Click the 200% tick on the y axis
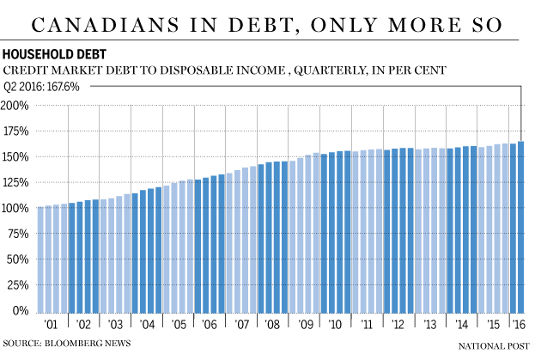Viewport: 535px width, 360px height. click(15, 106)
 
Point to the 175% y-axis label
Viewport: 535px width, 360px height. click(15, 131)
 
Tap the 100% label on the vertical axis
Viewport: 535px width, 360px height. click(15, 208)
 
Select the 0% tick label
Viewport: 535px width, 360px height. click(21, 310)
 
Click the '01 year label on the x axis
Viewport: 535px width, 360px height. click(52, 326)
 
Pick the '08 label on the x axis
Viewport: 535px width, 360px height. click(272, 326)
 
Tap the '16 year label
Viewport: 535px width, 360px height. click(519, 326)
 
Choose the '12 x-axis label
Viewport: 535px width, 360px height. click(398, 326)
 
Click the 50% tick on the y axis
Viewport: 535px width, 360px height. click(18, 259)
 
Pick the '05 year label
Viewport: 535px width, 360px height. click(178, 326)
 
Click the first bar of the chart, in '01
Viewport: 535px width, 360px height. click(40, 258)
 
